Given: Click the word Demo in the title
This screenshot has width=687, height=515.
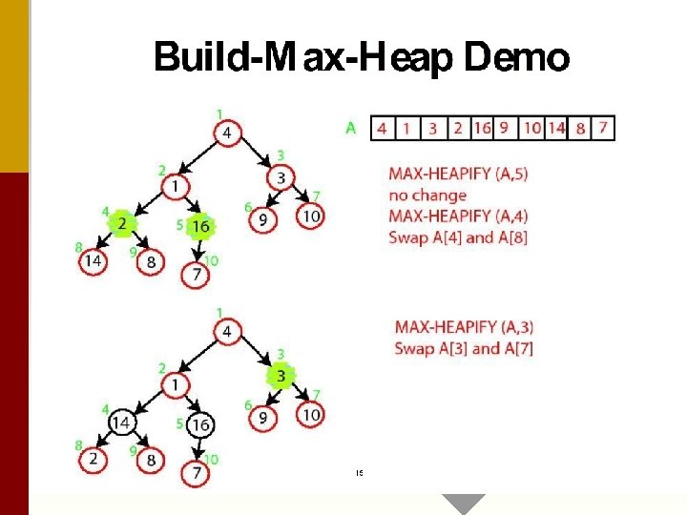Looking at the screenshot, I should tap(516, 59).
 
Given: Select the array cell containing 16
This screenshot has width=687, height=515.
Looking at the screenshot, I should tap(481, 128).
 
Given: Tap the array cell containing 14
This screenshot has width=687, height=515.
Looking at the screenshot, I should tap(556, 128).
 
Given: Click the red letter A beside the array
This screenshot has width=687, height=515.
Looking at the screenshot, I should tap(351, 128).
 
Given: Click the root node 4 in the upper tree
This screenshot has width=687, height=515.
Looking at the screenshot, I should tap(227, 132).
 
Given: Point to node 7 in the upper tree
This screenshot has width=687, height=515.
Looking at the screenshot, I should tap(196, 275).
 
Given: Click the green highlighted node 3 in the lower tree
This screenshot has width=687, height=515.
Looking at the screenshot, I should tap(281, 376).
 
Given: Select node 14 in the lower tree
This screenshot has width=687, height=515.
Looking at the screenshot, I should tap(122, 422).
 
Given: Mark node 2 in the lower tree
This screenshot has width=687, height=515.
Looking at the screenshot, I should tap(93, 459).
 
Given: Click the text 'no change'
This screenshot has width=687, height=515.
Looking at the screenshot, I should tap(427, 196).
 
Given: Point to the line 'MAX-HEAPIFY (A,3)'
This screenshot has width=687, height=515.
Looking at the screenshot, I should tap(464, 326).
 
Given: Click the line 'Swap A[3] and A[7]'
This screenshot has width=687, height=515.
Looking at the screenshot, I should tap(464, 347).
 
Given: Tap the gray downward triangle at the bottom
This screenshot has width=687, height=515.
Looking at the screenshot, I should tap(463, 504).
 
